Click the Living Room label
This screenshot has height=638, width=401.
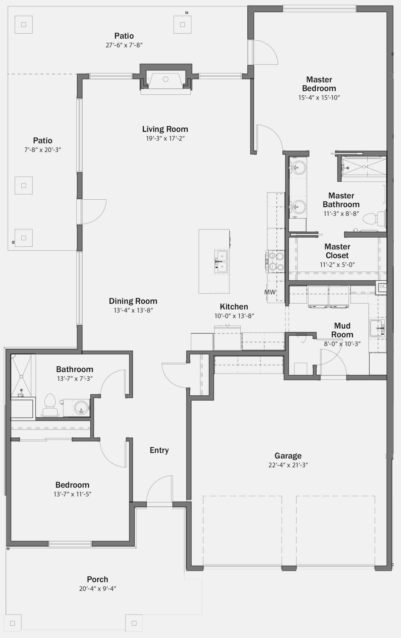(x=165, y=129)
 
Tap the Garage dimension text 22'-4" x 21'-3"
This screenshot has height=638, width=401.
(x=288, y=465)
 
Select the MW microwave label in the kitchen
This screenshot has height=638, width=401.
(x=270, y=292)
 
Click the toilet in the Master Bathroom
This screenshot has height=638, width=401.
(x=374, y=219)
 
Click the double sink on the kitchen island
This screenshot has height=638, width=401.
(x=221, y=262)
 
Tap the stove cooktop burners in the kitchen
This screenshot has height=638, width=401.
(x=275, y=261)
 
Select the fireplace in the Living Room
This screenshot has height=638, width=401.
(x=166, y=79)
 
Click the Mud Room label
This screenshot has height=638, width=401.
(x=342, y=330)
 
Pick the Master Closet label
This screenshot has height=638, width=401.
(x=338, y=251)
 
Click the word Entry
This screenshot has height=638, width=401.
(x=159, y=450)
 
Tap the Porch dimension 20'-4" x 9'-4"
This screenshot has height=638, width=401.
(x=98, y=589)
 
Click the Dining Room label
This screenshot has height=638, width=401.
(x=133, y=301)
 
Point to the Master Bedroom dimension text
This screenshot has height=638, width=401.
(x=319, y=97)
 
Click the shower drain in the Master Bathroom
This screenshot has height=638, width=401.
(x=364, y=167)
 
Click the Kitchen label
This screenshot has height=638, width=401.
(x=234, y=307)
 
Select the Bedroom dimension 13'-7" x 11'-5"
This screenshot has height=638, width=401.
(x=72, y=494)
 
